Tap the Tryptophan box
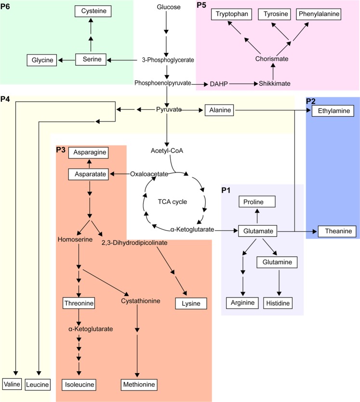point(232,14)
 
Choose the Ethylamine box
point(333,111)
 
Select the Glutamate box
point(258,231)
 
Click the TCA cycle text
point(173,201)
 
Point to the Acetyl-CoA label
point(167,151)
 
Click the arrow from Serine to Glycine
point(66,60)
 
